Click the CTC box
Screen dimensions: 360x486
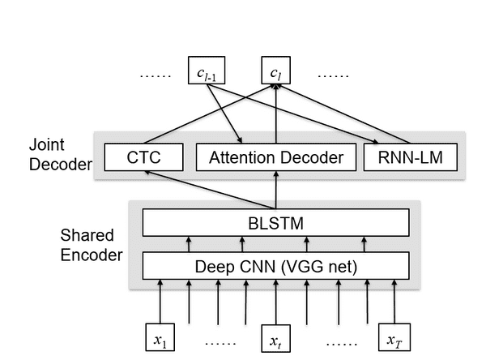tap(144, 156)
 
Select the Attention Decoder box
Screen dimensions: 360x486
tap(275, 156)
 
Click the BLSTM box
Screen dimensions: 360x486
tap(275, 222)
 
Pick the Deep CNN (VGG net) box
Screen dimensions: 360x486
tap(275, 265)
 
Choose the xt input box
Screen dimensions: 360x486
tap(276, 337)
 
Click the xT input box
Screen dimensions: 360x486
tap(394, 337)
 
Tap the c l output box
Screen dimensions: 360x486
tap(275, 72)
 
